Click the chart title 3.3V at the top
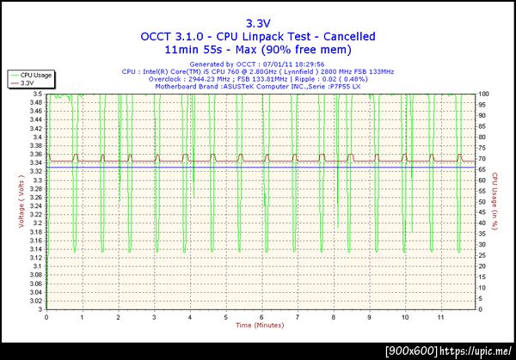click(x=257, y=23)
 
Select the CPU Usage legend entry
click(x=35, y=76)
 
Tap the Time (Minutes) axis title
click(x=259, y=326)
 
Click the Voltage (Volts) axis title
click(x=20, y=202)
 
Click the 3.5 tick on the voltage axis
click(x=37, y=93)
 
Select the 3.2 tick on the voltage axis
click(x=37, y=223)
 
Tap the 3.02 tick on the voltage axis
click(x=35, y=301)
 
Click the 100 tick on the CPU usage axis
click(x=484, y=93)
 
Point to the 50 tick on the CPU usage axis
click(x=482, y=201)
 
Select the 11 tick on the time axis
click(x=441, y=317)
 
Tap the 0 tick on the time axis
click(x=46, y=317)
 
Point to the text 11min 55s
click(x=200, y=51)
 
